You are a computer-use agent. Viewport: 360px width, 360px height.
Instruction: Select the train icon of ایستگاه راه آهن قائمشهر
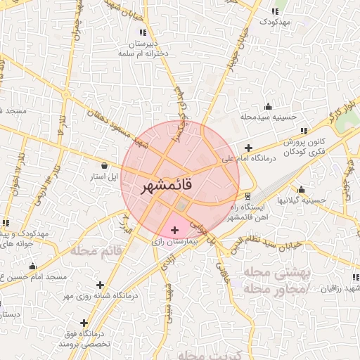pos(247,195)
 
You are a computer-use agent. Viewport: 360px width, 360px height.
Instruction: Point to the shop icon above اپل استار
pos(105,165)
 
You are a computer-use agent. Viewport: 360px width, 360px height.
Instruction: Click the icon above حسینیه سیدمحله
pos(268,107)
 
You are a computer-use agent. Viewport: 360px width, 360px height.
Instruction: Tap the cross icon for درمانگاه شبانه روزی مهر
pos(101,285)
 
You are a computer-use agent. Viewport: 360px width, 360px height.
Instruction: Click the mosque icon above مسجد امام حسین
pos(32,266)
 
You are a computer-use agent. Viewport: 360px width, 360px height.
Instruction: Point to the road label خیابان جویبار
pos(238,51)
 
